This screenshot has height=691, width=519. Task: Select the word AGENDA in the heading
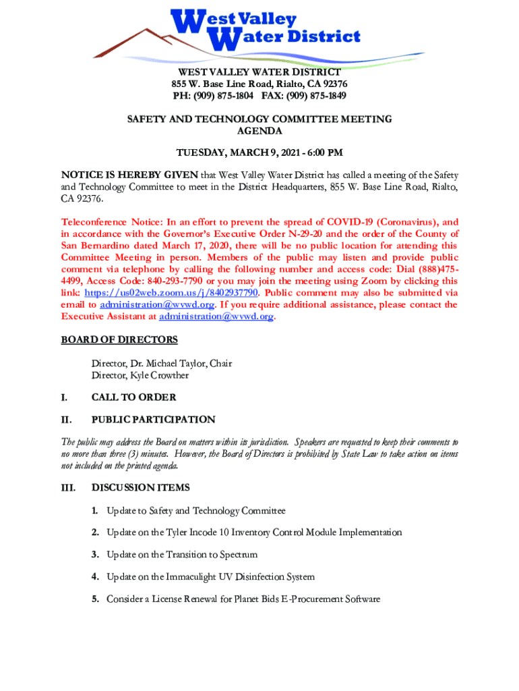(259, 131)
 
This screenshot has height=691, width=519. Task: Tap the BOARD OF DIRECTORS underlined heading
(119, 339)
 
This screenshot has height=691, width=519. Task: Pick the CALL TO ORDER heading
(133, 397)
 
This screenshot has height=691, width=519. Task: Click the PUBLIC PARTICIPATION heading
(153, 419)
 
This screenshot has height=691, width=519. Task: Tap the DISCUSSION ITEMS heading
(140, 487)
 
